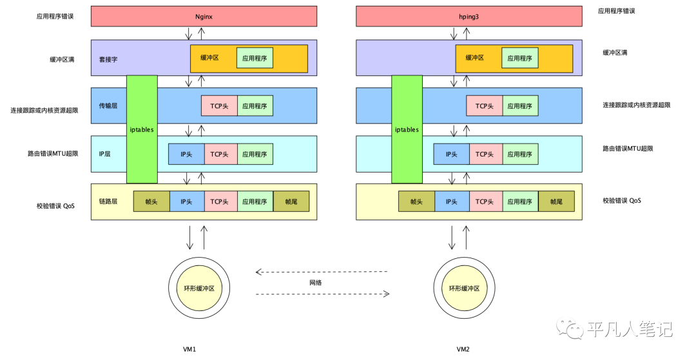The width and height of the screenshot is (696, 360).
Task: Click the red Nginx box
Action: coord(204,16)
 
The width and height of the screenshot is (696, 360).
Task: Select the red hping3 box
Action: coord(469,16)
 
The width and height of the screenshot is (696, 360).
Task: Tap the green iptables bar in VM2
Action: coord(407,129)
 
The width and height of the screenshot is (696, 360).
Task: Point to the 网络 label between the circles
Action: coord(315,282)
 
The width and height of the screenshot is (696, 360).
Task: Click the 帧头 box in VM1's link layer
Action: coord(151,202)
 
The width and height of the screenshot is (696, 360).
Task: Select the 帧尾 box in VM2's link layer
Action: coord(556,202)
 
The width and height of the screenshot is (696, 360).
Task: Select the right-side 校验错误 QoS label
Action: coord(621,201)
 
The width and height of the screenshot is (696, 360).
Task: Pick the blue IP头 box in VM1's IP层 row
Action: coord(187,154)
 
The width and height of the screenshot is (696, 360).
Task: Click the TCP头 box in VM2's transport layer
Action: coord(485,106)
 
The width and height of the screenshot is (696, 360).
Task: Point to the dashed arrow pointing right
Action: coord(322,294)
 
